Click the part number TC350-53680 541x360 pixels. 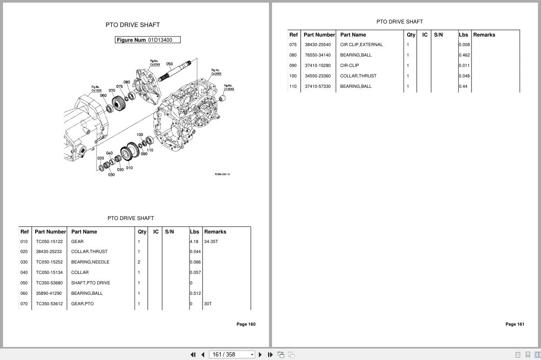(49, 283)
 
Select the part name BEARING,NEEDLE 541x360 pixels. (90, 262)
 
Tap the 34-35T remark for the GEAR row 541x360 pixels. (211, 241)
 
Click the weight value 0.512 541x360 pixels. (196, 293)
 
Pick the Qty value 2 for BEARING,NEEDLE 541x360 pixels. (139, 262)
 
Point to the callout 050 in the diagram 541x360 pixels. (169, 64)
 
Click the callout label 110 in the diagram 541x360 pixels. (150, 150)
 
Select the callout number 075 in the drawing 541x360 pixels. (119, 87)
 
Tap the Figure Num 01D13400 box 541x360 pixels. (147, 40)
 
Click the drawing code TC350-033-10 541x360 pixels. (222, 174)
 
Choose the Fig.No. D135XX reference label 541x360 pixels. (229, 87)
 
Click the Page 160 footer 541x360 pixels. (246, 324)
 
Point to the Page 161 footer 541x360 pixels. (515, 324)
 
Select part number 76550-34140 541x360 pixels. (318, 55)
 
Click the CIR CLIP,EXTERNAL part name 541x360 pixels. (361, 45)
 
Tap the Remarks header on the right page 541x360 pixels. (484, 35)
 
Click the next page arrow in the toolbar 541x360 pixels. (260, 355)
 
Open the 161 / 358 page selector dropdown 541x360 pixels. (252, 355)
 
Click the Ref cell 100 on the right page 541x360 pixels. (293, 76)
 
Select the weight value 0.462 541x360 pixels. (465, 55)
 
